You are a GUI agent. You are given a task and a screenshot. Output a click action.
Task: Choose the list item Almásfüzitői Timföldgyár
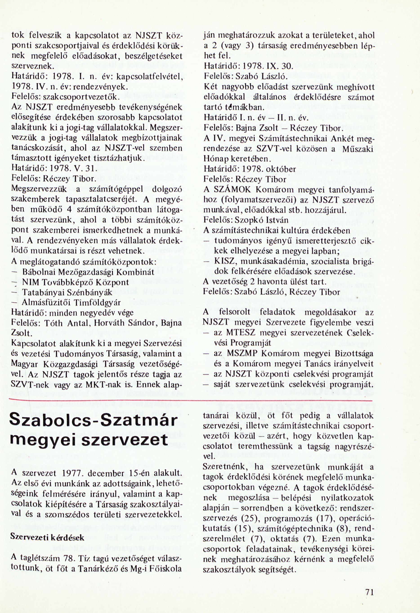[71, 303]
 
